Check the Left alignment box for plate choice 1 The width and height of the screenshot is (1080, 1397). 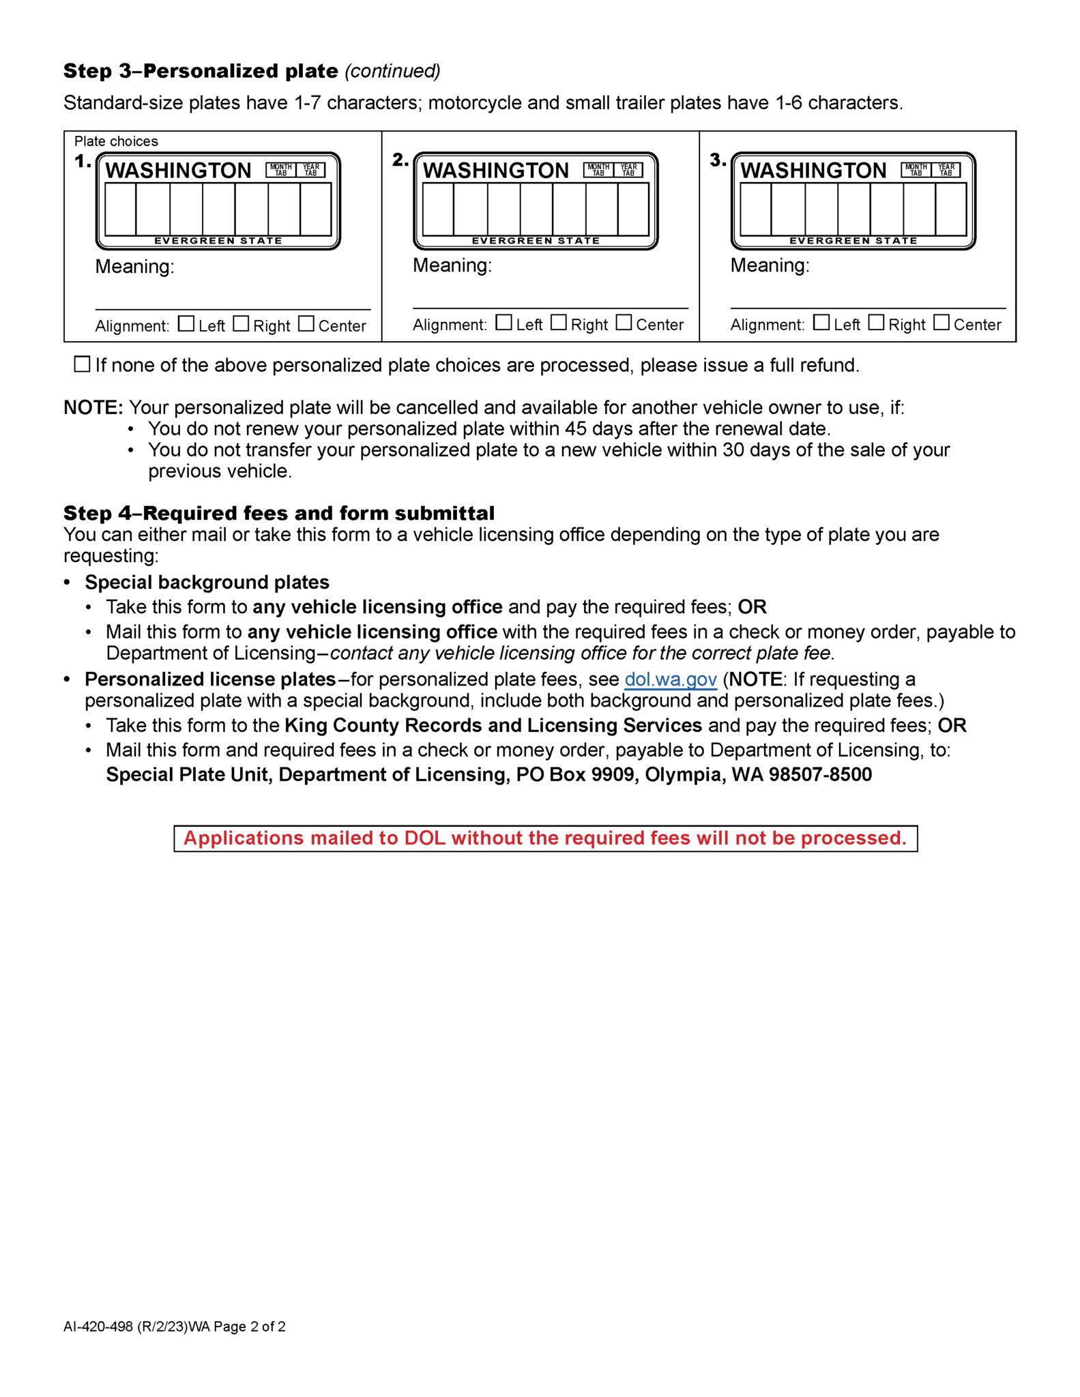point(186,323)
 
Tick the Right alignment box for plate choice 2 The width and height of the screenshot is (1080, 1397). point(558,322)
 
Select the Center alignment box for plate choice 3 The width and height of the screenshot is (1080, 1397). point(942,322)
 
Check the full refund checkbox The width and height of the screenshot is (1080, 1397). point(82,364)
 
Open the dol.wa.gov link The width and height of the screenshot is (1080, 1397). point(671,679)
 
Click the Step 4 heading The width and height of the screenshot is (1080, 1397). point(279,513)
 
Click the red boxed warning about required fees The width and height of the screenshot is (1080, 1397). point(545,838)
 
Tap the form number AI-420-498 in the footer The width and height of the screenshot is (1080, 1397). point(98,1327)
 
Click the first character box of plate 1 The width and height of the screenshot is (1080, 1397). point(120,209)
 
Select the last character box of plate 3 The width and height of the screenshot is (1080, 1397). point(951,209)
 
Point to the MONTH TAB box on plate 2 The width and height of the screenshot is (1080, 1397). point(598,170)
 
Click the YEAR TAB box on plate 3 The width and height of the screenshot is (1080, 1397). point(946,170)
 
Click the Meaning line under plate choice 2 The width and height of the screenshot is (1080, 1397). point(551,308)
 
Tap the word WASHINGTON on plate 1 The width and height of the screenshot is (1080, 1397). point(179,171)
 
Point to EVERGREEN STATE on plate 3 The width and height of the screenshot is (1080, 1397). point(853,241)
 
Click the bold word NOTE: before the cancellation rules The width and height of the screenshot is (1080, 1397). point(93,407)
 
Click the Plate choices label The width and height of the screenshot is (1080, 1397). point(116,141)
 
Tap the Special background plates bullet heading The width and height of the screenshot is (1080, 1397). point(207,583)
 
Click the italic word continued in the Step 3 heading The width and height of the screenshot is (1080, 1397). point(393,71)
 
